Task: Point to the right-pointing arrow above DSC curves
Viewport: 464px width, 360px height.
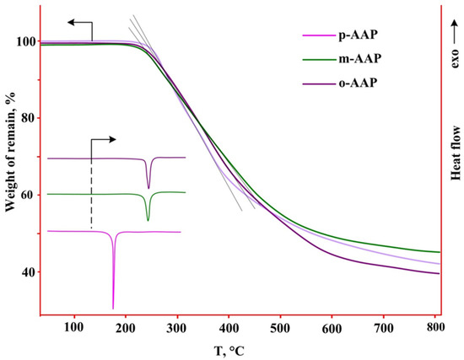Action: (104, 138)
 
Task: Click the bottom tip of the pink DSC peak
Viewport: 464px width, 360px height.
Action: (113, 308)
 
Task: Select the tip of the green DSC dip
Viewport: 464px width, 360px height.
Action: (148, 220)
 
